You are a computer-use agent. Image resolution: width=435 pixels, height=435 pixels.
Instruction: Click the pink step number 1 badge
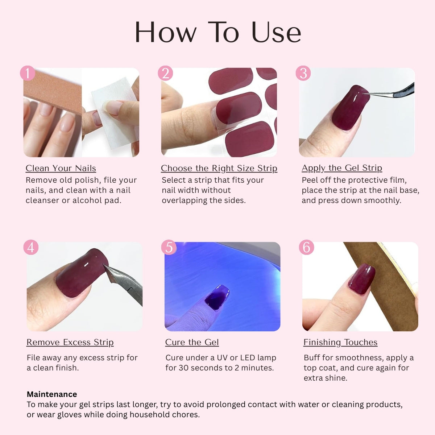[x=28, y=73]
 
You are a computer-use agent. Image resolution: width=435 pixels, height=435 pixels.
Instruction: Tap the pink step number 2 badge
[x=165, y=73]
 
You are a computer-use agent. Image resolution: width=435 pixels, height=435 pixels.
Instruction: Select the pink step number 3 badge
[x=303, y=73]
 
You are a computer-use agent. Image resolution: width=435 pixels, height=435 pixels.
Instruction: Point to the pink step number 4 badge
[x=31, y=247]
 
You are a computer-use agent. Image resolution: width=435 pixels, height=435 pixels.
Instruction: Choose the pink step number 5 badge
[x=169, y=247]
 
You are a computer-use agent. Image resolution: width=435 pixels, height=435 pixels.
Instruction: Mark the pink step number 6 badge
[x=306, y=247]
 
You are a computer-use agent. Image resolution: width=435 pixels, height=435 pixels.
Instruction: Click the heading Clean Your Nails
[x=61, y=169]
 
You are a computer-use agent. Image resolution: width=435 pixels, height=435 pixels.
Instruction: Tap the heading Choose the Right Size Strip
[x=219, y=169]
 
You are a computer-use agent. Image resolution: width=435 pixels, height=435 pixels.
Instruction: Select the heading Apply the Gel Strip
[x=342, y=168]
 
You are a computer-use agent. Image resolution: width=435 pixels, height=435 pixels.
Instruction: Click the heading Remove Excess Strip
[x=70, y=343]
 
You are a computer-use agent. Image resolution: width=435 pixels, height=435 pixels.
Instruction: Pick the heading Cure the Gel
[x=192, y=342]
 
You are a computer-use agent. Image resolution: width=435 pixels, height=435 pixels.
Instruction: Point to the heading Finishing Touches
[x=340, y=343]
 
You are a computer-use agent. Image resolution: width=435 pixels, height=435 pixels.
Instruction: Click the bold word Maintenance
[x=52, y=394]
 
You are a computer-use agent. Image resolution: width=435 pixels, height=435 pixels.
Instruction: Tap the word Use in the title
[x=276, y=32]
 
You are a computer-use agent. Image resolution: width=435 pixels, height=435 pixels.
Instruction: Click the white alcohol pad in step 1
[x=115, y=113]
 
